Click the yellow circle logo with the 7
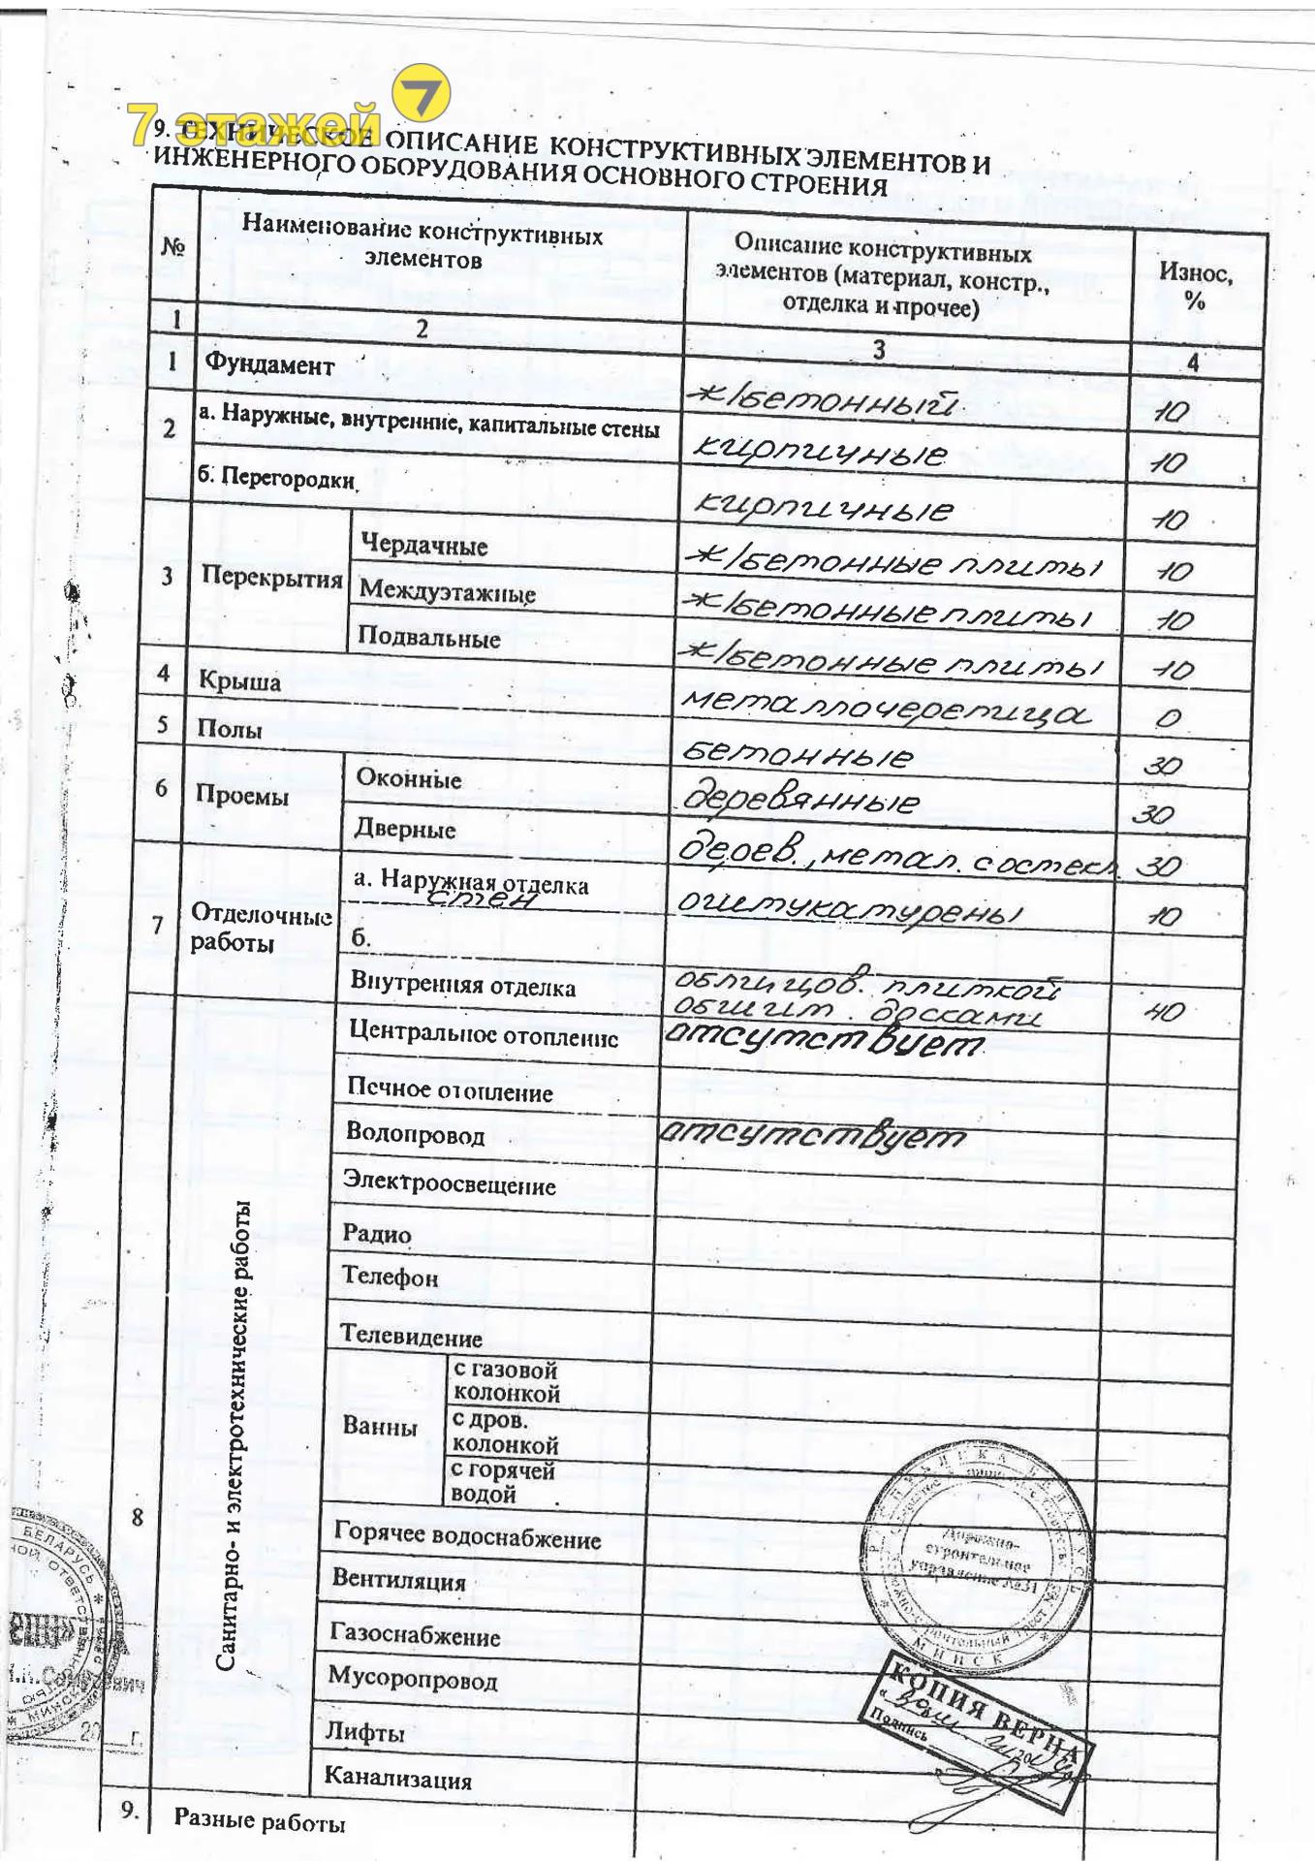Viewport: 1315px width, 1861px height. click(422, 96)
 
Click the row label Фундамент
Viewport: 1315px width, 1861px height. click(268, 365)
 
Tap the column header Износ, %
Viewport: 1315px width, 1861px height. click(1195, 286)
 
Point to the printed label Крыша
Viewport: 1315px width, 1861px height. click(239, 681)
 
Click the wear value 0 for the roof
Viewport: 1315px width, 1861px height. click(1168, 718)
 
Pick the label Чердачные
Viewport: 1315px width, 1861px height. click(423, 545)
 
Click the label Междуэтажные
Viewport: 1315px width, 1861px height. click(447, 591)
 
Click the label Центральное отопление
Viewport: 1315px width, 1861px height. click(483, 1035)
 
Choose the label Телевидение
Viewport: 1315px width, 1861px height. click(411, 1337)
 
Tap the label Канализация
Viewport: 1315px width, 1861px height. click(397, 1779)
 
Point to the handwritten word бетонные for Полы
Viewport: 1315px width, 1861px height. click(797, 755)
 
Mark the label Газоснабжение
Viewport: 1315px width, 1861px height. click(415, 1634)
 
